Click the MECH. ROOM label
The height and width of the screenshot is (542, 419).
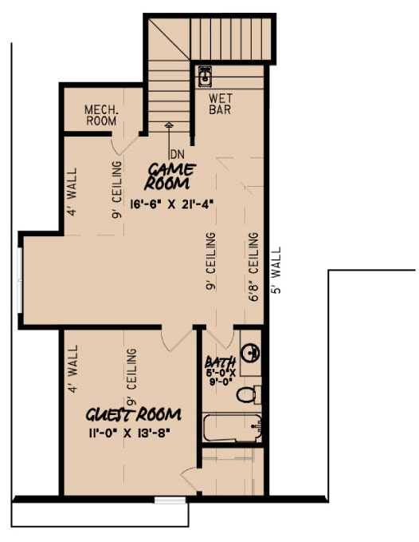pos(101,116)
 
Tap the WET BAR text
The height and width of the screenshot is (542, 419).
pos(220,105)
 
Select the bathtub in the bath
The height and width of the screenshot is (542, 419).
pos(232,428)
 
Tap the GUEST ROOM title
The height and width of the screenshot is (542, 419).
pos(134,415)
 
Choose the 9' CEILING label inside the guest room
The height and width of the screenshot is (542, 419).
pos(131,375)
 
